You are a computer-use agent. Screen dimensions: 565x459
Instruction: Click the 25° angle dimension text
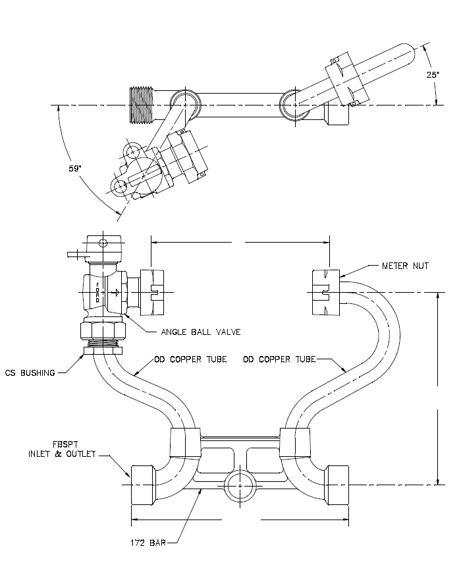pos(432,75)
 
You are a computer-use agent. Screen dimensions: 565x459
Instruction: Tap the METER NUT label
pos(404,266)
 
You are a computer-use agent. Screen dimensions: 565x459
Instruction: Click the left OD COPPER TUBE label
pos(190,360)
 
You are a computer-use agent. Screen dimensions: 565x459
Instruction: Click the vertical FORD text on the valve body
pos(98,292)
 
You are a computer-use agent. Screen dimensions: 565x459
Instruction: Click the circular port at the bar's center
pos(236,487)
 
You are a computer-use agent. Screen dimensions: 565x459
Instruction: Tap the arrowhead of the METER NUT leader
pos(341,276)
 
